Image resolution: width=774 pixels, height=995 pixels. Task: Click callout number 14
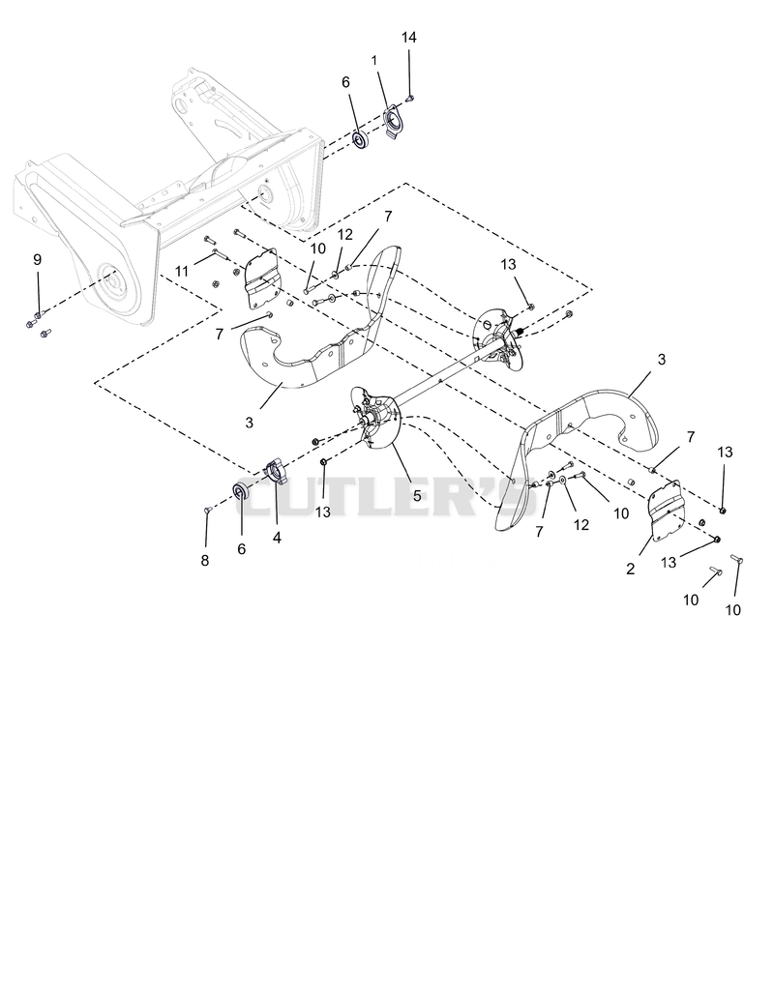[x=409, y=38]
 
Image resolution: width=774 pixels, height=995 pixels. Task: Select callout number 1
[x=374, y=60]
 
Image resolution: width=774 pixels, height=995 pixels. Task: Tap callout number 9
[x=37, y=259]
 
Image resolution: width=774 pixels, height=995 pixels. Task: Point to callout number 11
[x=182, y=272]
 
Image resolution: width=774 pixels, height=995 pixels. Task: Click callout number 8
[x=204, y=561]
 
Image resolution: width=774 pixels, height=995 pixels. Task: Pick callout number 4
[x=277, y=538]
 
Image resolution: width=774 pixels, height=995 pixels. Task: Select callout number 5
[x=417, y=496]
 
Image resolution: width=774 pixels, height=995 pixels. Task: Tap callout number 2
[x=630, y=570]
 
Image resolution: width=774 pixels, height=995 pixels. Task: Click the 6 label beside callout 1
[x=345, y=82]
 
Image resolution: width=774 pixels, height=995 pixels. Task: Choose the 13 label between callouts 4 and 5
[x=322, y=512]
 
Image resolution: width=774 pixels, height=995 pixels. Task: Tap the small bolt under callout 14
[x=409, y=98]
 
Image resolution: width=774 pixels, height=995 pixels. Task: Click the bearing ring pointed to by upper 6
[x=361, y=140]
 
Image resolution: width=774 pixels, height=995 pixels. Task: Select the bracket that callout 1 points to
[x=394, y=121]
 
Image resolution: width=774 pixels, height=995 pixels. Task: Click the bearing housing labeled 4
[x=276, y=472]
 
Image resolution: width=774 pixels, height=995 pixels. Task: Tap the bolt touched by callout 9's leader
[x=38, y=315]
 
